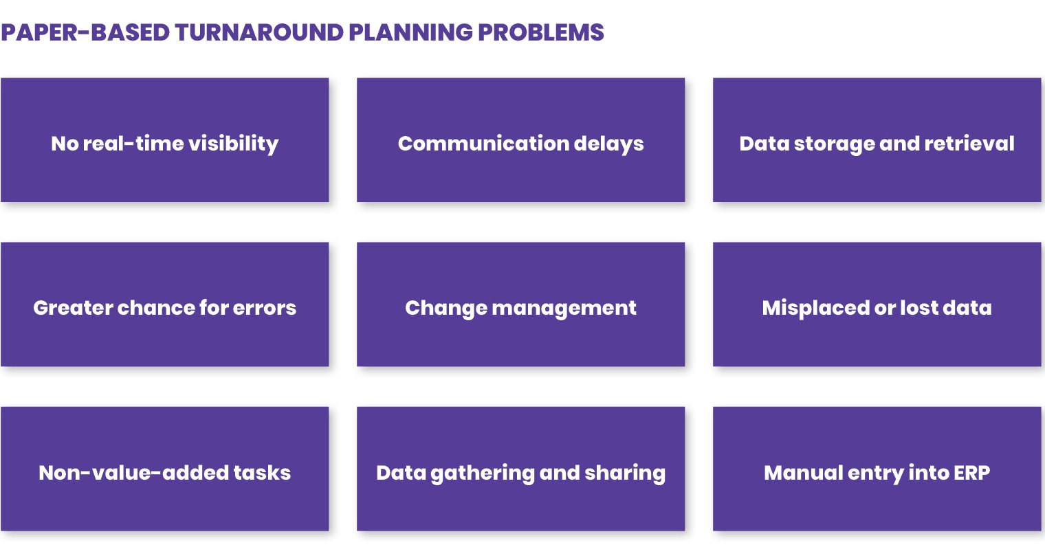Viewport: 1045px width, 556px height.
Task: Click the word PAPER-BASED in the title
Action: click(x=85, y=33)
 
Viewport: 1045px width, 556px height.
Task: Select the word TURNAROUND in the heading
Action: click(x=259, y=33)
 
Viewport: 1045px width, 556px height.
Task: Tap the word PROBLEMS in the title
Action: click(x=541, y=33)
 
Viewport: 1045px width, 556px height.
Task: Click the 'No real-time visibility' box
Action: click(x=165, y=140)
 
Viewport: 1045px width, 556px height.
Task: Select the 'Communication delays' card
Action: click(x=520, y=140)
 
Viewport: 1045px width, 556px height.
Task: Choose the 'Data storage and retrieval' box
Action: click(x=877, y=140)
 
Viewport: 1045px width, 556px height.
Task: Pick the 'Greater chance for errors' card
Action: click(x=165, y=304)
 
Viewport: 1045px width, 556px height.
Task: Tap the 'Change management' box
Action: click(x=520, y=304)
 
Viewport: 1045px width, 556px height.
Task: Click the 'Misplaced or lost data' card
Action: click(x=877, y=304)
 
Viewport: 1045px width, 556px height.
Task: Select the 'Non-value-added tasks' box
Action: click(x=165, y=469)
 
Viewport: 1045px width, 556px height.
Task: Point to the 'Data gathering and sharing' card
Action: click(x=520, y=469)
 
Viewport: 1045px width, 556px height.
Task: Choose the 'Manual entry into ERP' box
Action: click(x=877, y=469)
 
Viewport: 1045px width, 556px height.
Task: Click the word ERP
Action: click(x=971, y=473)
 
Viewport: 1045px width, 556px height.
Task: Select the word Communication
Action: click(x=483, y=143)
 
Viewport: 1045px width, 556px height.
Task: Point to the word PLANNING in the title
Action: click(x=411, y=33)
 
